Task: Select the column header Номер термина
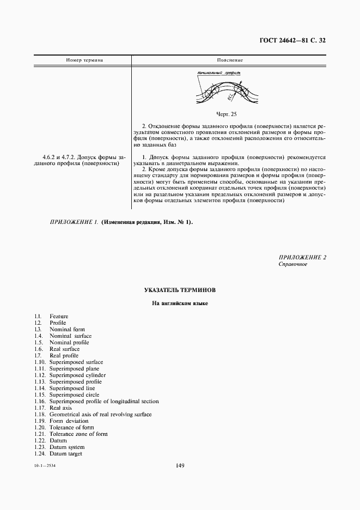tap(84, 60)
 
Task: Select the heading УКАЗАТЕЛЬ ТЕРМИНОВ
tap(180, 290)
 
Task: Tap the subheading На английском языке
tap(180, 303)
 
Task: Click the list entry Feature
tap(59, 317)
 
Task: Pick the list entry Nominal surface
tap(70, 336)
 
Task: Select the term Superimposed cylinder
tap(77, 375)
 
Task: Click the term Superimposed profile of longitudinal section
tap(104, 402)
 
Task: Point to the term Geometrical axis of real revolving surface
tap(100, 415)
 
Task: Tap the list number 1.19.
tap(39, 421)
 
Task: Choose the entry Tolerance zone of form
tap(78, 434)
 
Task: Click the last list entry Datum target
tap(65, 454)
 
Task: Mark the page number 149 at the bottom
tap(180, 465)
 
